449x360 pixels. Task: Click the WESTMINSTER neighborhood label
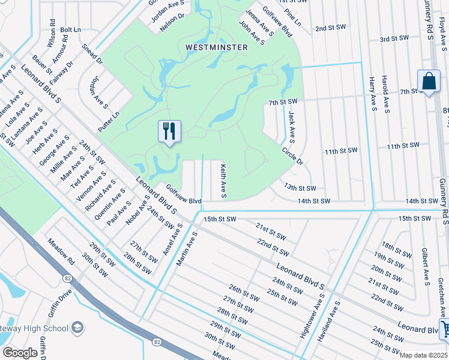coord(217,47)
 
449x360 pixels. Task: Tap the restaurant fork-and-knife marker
coord(169,131)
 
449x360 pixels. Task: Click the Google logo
coord(20,353)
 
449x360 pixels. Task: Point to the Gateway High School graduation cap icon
coord(77,327)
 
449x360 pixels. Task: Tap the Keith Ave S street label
coord(223,181)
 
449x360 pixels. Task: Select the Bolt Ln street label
coord(70,29)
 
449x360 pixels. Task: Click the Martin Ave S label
coord(187,249)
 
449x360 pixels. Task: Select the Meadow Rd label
coord(62,253)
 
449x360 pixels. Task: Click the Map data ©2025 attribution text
coord(423,355)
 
